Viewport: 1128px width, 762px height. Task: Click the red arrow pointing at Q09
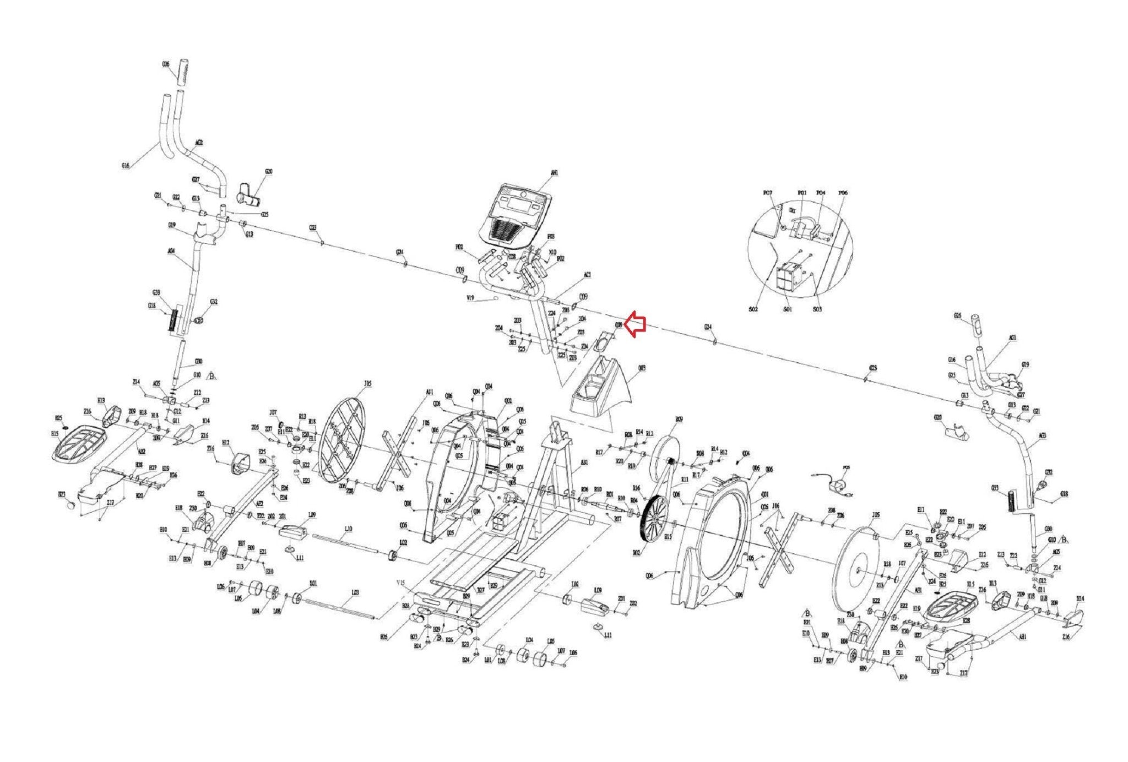[637, 324]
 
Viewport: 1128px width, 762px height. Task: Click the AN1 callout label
[554, 173]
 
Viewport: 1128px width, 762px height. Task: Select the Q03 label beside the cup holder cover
[642, 368]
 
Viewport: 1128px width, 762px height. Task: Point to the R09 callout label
[679, 420]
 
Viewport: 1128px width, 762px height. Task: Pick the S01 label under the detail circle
[788, 309]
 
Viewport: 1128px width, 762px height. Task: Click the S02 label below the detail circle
[753, 309]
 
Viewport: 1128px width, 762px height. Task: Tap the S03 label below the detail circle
[817, 309]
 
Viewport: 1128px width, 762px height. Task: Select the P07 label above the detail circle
[768, 193]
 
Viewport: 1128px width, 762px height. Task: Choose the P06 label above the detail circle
[843, 193]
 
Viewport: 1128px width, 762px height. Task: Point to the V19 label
[470, 298]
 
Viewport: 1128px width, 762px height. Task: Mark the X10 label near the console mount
[552, 253]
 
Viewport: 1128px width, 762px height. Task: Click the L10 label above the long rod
[348, 529]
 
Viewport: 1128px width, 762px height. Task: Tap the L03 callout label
[355, 592]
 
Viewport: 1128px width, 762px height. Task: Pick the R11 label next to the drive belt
[685, 480]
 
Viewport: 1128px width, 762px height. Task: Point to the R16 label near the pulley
[637, 488]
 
